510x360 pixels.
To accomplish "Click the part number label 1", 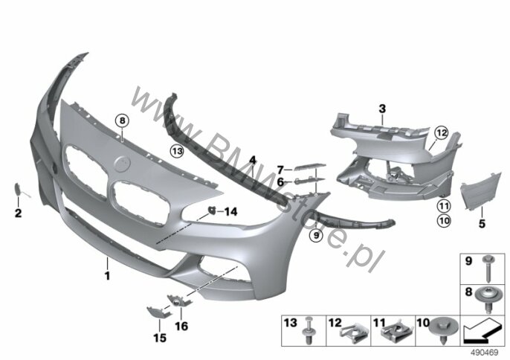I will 107,276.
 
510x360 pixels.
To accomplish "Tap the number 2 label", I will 19,214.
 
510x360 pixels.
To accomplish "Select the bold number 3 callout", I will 381,109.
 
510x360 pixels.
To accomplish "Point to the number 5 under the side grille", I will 481,222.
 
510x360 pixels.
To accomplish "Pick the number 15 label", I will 155,340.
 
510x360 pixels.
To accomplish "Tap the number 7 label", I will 282,169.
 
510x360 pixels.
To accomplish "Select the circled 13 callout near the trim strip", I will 177,150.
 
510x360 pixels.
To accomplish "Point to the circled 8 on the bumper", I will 121,120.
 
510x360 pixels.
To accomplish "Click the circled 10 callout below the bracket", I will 444,220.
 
